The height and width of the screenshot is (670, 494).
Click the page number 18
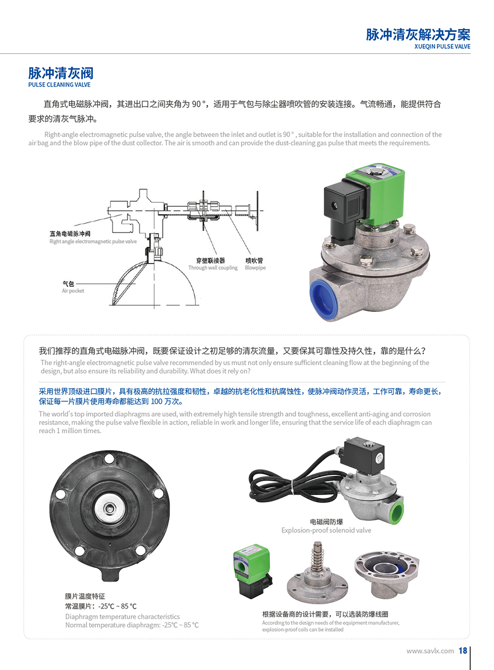point(463,651)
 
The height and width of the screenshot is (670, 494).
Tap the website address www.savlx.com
point(430,651)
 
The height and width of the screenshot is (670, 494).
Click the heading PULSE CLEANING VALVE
point(59,84)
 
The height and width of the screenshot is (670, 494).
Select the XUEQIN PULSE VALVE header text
point(442,47)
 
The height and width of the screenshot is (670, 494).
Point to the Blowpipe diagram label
point(255,268)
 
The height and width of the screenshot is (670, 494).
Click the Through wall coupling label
point(212,268)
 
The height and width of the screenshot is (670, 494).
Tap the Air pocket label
point(73,291)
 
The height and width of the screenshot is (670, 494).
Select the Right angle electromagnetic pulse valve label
point(93,241)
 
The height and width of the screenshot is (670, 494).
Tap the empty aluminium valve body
point(386,574)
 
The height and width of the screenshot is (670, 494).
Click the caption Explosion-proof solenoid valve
point(326,530)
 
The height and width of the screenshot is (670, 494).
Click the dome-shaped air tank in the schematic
point(154,283)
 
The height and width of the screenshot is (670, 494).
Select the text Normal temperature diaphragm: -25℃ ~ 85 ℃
point(132,625)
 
